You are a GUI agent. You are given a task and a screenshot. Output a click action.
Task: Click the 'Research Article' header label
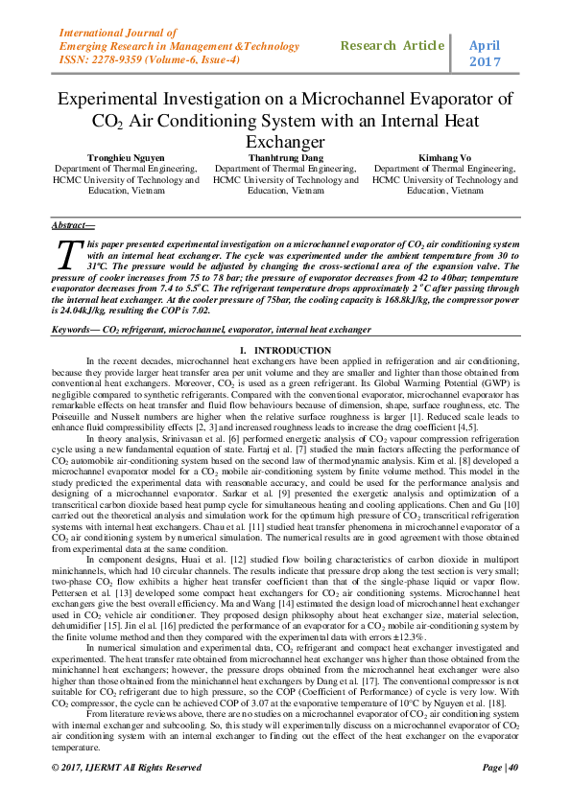tap(393, 45)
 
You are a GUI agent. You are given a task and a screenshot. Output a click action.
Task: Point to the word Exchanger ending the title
tap(285, 142)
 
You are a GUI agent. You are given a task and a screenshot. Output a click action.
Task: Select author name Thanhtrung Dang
tap(286, 156)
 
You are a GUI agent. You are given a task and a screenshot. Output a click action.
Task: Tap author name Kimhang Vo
tap(442, 156)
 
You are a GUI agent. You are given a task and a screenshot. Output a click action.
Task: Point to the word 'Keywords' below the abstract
tap(76, 329)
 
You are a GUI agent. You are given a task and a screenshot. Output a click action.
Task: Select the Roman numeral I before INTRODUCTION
tap(242, 351)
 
